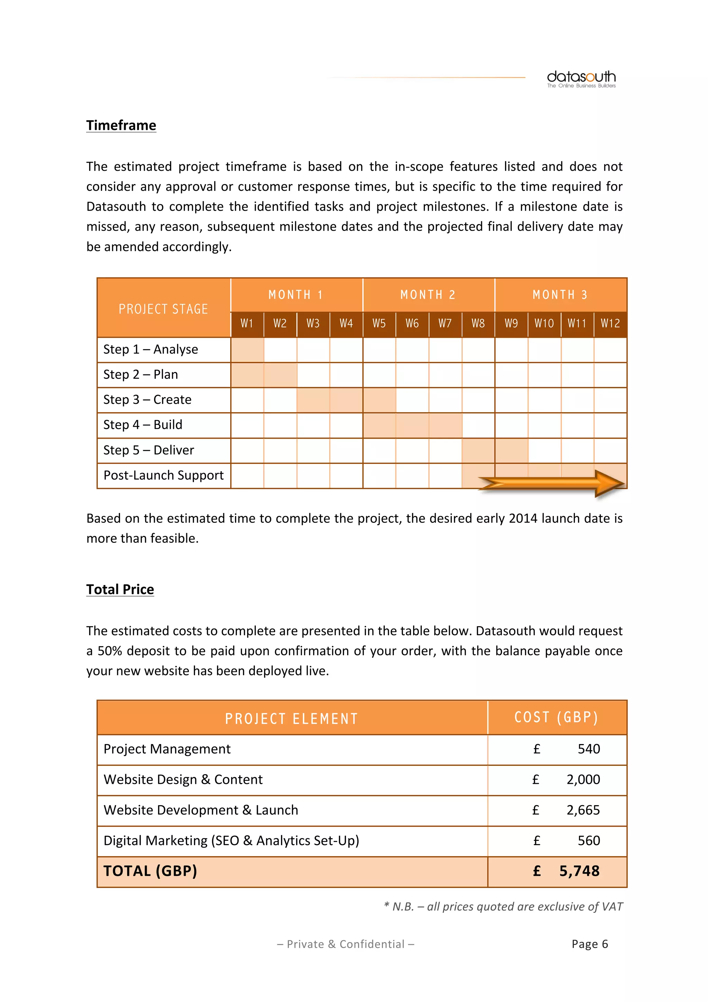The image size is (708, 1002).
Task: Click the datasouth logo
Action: pos(581,79)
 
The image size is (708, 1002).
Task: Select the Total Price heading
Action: pos(120,589)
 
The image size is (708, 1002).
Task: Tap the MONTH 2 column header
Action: pos(428,295)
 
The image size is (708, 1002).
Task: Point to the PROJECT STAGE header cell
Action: pos(164,309)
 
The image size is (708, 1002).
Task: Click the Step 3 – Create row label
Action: pos(148,400)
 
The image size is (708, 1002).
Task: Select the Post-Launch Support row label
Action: pos(164,475)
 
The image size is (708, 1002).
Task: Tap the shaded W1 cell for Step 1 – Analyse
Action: pos(247,350)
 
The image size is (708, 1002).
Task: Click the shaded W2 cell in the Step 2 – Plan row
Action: pos(280,375)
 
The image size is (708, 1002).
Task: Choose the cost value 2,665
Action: pos(583,810)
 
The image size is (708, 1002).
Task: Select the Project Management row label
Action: pos(167,749)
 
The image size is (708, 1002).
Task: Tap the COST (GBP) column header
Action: pos(556,717)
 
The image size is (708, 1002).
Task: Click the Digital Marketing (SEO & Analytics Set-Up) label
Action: pos(231,841)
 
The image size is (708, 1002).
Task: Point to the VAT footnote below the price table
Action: pos(503,907)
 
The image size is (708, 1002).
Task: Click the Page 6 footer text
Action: pos(589,944)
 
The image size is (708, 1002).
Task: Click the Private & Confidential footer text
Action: pos(345,944)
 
